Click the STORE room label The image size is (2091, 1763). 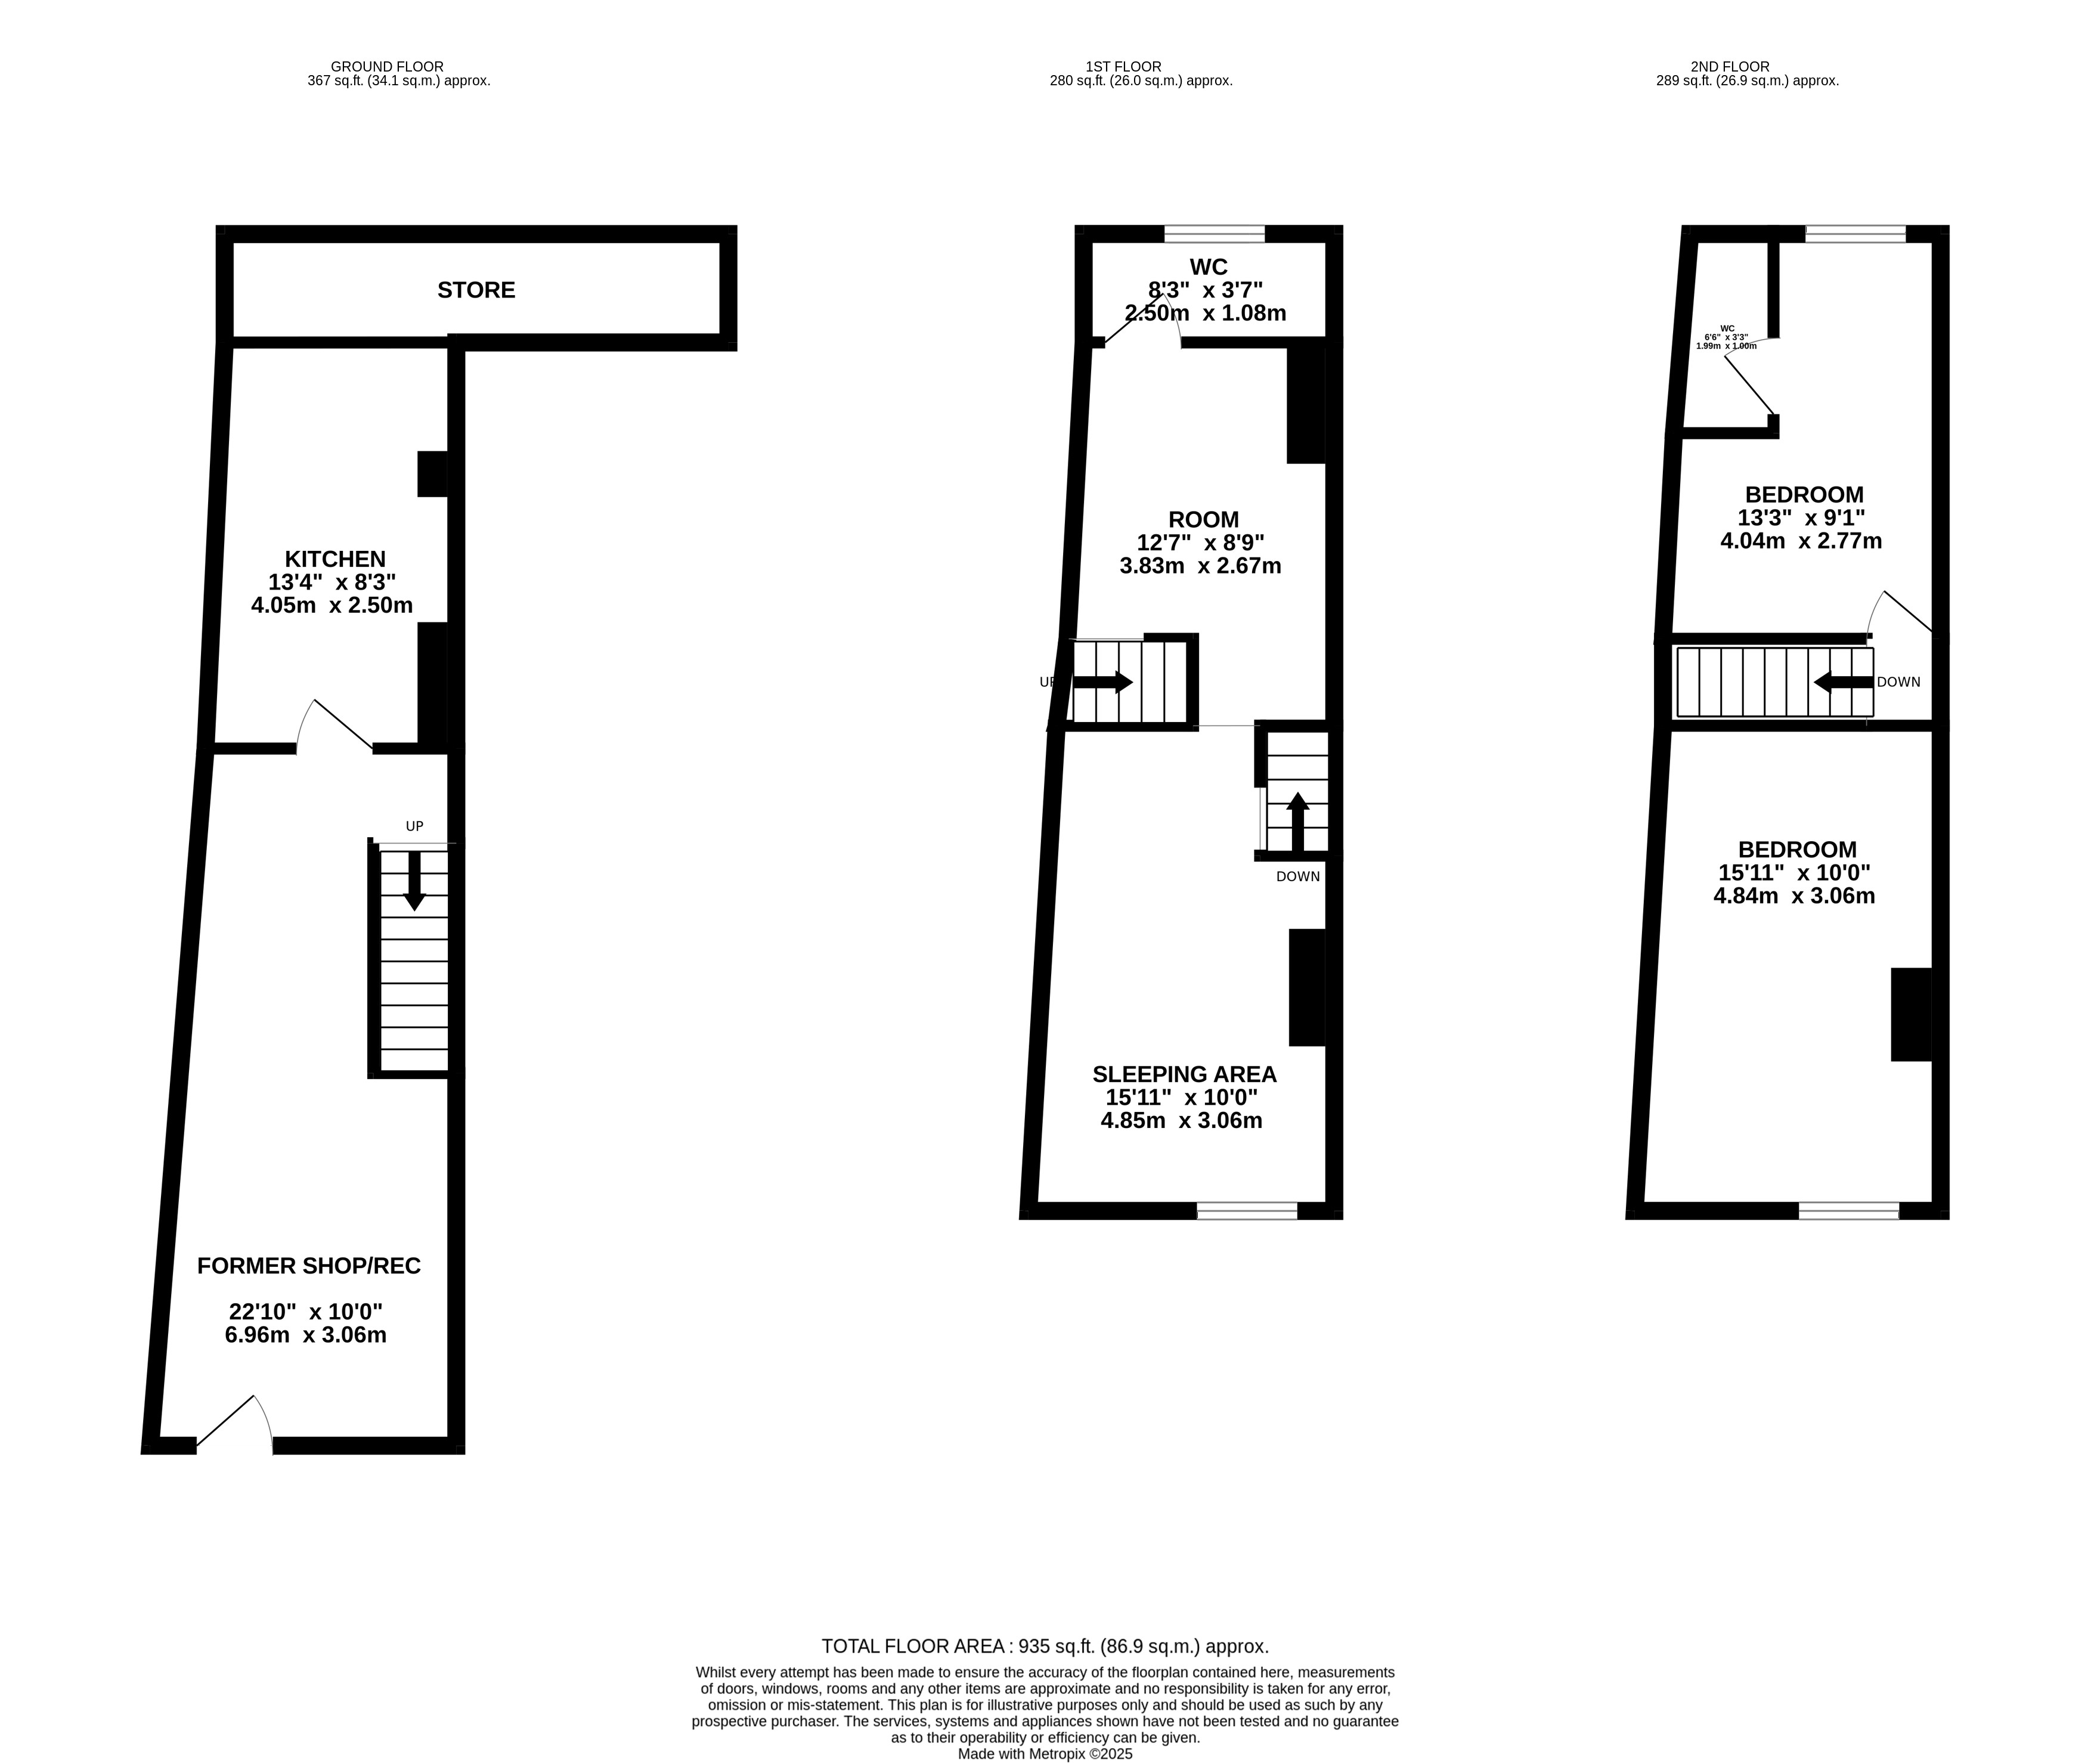[476, 290]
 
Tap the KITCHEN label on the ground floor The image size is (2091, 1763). [335, 559]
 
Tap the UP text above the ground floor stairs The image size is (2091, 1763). [414, 826]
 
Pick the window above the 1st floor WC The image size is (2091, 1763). [1215, 234]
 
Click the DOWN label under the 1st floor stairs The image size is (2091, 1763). [1297, 876]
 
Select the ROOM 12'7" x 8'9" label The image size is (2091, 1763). [1203, 520]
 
